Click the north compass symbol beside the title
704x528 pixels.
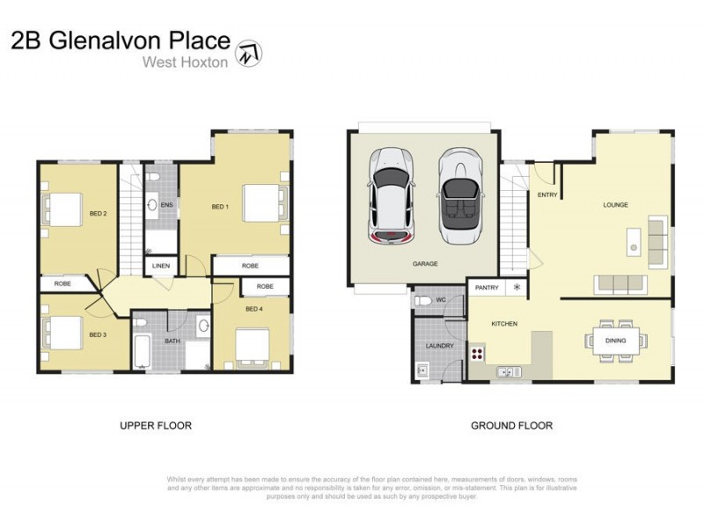tap(252, 51)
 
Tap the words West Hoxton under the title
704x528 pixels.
tap(186, 62)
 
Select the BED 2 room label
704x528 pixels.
tap(98, 213)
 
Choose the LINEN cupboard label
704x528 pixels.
tap(161, 265)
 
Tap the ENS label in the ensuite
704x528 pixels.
tap(166, 205)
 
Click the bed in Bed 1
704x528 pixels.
tap(261, 203)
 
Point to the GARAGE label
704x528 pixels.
tap(425, 263)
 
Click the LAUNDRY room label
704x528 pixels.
tap(439, 346)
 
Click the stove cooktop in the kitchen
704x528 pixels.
tap(478, 355)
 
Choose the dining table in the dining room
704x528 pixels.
tap(615, 341)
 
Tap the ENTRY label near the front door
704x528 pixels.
tap(546, 195)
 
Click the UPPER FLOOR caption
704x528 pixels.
tap(156, 426)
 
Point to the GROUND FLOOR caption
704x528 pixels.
tap(511, 426)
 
